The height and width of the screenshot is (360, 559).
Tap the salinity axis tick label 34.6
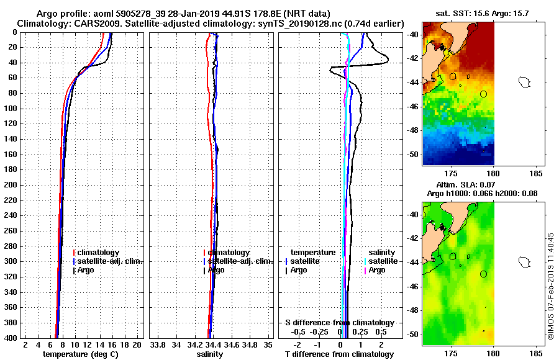[232, 344]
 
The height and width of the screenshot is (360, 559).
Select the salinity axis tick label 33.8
[158, 344]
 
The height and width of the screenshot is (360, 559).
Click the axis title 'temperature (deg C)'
[80, 354]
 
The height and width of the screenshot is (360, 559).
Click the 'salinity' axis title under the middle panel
[209, 354]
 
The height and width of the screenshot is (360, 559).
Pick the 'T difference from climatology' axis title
[339, 354]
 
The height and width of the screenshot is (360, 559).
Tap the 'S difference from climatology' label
[339, 323]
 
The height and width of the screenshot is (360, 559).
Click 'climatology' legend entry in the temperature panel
[99, 253]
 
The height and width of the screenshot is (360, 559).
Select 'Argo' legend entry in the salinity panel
[217, 271]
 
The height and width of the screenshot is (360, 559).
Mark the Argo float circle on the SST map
[483, 94]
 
